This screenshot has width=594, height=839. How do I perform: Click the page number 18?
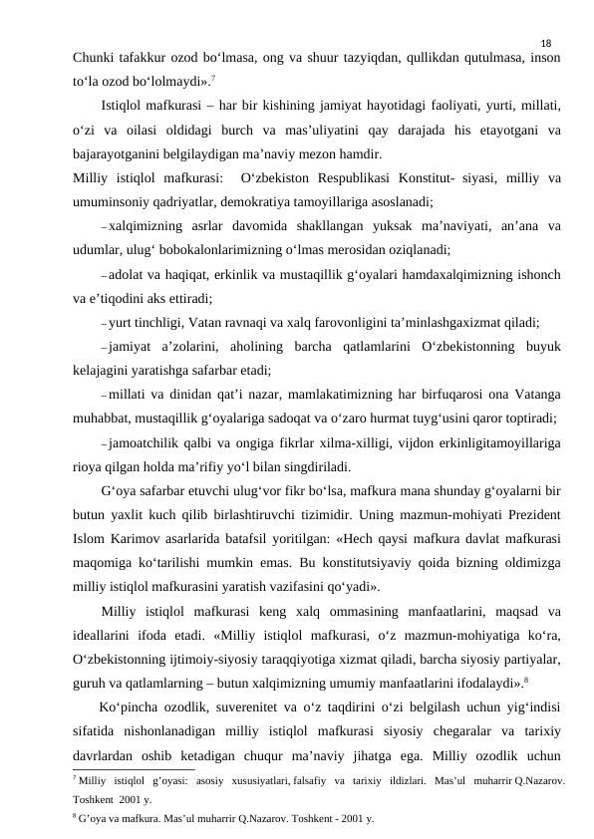(x=545, y=43)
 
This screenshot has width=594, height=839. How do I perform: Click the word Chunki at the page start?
(x=95, y=58)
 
